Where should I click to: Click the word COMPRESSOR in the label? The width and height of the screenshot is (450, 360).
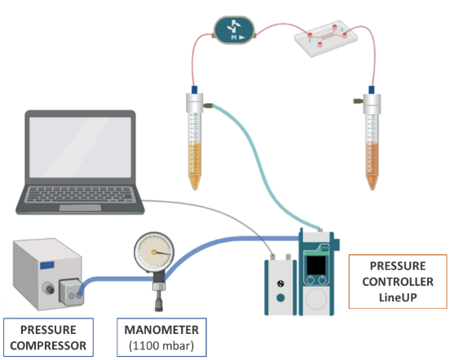click(48, 345)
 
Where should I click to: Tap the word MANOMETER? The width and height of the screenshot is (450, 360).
click(161, 330)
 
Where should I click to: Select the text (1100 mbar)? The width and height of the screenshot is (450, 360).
click(161, 345)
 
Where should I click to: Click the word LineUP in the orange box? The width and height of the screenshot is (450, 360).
click(398, 297)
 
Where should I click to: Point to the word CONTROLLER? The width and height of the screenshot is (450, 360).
click(398, 282)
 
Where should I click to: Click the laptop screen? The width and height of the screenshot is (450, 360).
click(80, 147)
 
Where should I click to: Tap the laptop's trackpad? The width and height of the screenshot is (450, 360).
click(80, 208)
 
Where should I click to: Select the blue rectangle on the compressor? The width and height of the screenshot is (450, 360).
click(47, 266)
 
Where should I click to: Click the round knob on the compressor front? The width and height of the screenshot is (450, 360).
click(48, 288)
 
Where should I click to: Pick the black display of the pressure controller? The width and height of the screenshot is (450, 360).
click(316, 266)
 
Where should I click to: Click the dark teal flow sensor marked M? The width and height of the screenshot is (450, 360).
click(234, 30)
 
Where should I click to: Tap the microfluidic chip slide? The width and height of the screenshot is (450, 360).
click(326, 38)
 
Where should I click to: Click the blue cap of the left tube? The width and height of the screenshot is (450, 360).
click(194, 90)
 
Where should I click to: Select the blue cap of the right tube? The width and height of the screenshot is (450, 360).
click(372, 90)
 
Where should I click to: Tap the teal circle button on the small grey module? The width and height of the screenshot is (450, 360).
click(280, 298)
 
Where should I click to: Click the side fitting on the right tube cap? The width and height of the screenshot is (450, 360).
click(358, 101)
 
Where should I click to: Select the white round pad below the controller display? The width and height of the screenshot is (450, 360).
click(316, 299)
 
